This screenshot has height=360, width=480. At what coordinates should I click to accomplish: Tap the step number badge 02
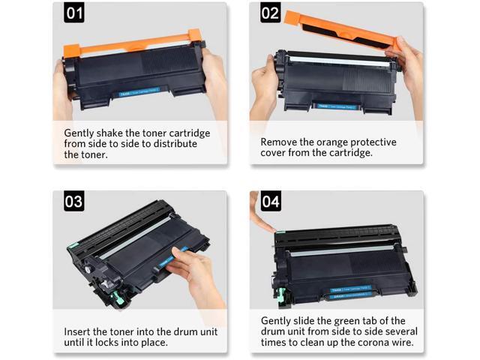click(270, 13)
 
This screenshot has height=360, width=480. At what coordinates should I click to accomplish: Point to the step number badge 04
click(270, 202)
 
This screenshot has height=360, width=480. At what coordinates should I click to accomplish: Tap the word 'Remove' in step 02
click(280, 142)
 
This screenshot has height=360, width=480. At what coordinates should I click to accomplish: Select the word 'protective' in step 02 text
click(369, 142)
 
